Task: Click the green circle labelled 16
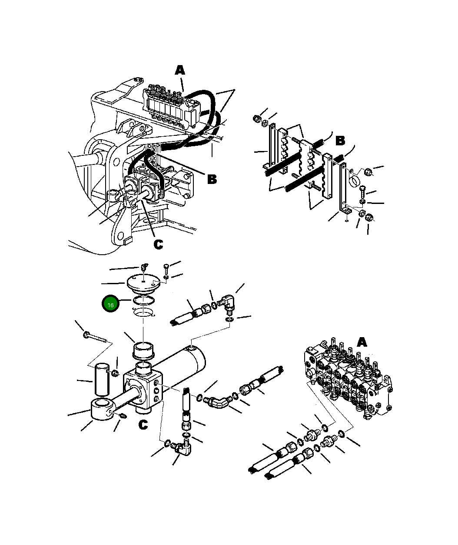pyautogui.click(x=110, y=305)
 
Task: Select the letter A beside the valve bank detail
pyautogui.click(x=362, y=342)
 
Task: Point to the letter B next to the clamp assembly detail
pyautogui.click(x=340, y=141)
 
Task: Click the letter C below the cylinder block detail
pyautogui.click(x=143, y=425)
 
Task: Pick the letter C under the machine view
pyautogui.click(x=158, y=245)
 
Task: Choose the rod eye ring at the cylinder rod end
pyautogui.click(x=102, y=410)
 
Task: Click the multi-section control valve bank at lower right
pyautogui.click(x=348, y=378)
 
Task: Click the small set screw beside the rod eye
pyautogui.click(x=123, y=417)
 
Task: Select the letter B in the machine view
pyautogui.click(x=212, y=179)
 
